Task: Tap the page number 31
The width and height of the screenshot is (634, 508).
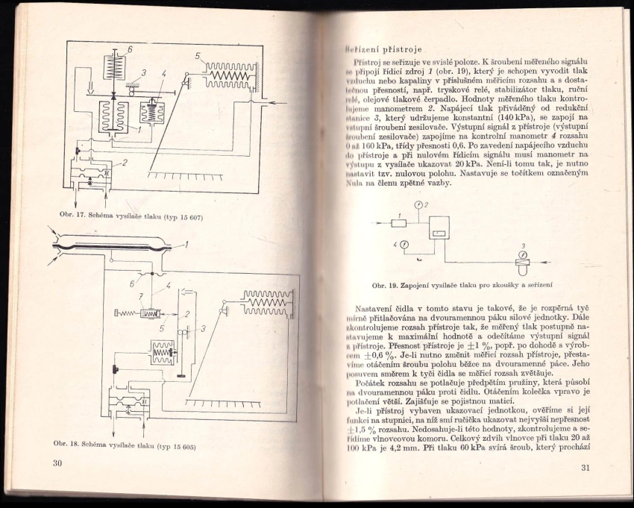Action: point(584,468)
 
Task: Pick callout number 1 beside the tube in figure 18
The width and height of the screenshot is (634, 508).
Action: point(186,243)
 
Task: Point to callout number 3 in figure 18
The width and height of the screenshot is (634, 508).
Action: point(202,329)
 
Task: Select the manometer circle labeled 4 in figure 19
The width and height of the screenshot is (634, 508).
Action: point(404,244)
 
